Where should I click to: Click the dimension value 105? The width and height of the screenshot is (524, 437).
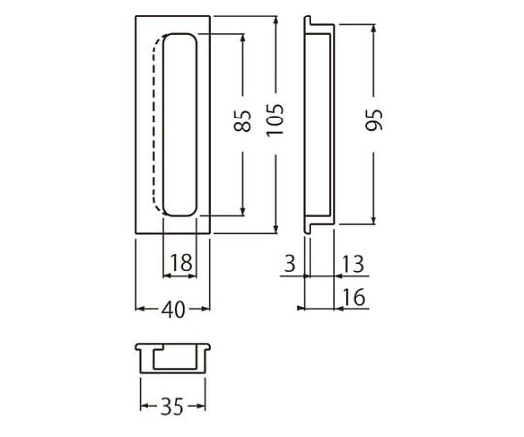276,119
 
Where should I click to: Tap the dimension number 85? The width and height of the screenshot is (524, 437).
243,120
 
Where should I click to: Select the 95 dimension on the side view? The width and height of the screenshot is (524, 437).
374,119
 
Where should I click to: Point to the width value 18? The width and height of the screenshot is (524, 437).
181,263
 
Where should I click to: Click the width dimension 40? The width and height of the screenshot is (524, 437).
173,310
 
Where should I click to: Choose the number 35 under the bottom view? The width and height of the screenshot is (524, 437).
173,407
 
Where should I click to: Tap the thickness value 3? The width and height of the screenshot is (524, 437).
290,263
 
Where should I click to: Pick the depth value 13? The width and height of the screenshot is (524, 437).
353,264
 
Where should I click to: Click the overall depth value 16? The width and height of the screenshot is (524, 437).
354,297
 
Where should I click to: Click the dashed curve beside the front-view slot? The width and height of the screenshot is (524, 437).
155,122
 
